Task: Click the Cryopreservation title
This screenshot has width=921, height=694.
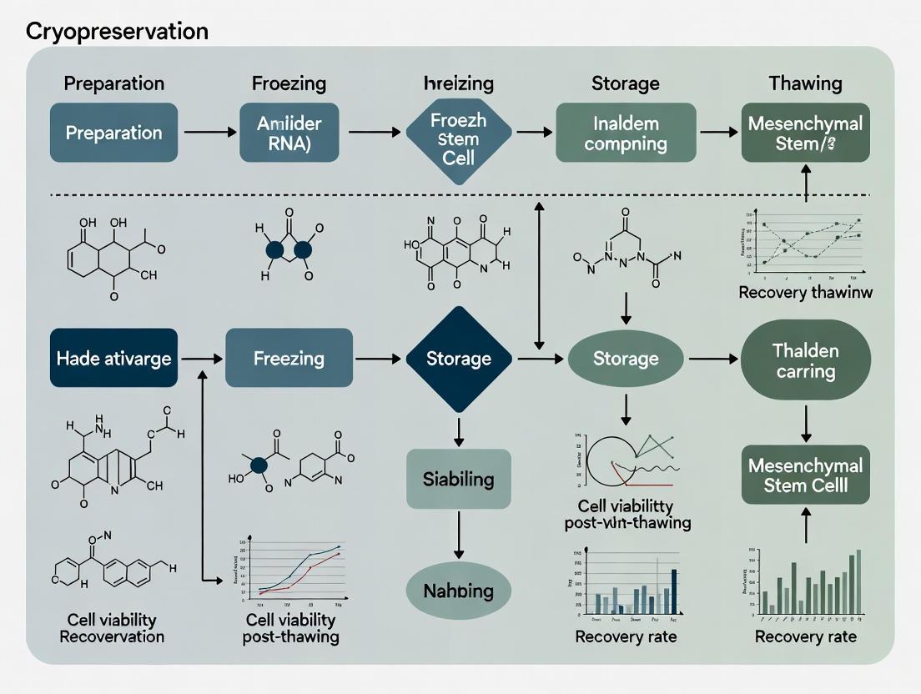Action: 117,32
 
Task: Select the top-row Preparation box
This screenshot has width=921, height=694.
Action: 113,133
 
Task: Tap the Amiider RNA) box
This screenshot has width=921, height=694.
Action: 289,133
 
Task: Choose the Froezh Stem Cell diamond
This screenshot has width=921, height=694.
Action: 457,133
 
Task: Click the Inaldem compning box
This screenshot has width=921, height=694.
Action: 626,133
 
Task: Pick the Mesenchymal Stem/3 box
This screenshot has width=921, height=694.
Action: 805,133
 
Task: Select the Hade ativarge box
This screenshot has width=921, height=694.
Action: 113,359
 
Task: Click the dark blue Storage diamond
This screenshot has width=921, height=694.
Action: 458,359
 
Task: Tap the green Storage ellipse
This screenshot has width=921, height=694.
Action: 626,359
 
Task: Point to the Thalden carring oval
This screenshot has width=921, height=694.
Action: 805,360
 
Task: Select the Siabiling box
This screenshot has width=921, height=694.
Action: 458,480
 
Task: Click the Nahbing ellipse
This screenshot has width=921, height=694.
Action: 458,591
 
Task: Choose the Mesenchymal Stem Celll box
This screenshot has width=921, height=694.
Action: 805,475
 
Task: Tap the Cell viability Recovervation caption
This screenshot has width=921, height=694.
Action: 112,628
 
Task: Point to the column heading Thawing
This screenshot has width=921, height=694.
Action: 805,83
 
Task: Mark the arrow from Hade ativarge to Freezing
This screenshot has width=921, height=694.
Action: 201,359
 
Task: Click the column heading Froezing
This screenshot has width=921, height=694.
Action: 289,83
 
